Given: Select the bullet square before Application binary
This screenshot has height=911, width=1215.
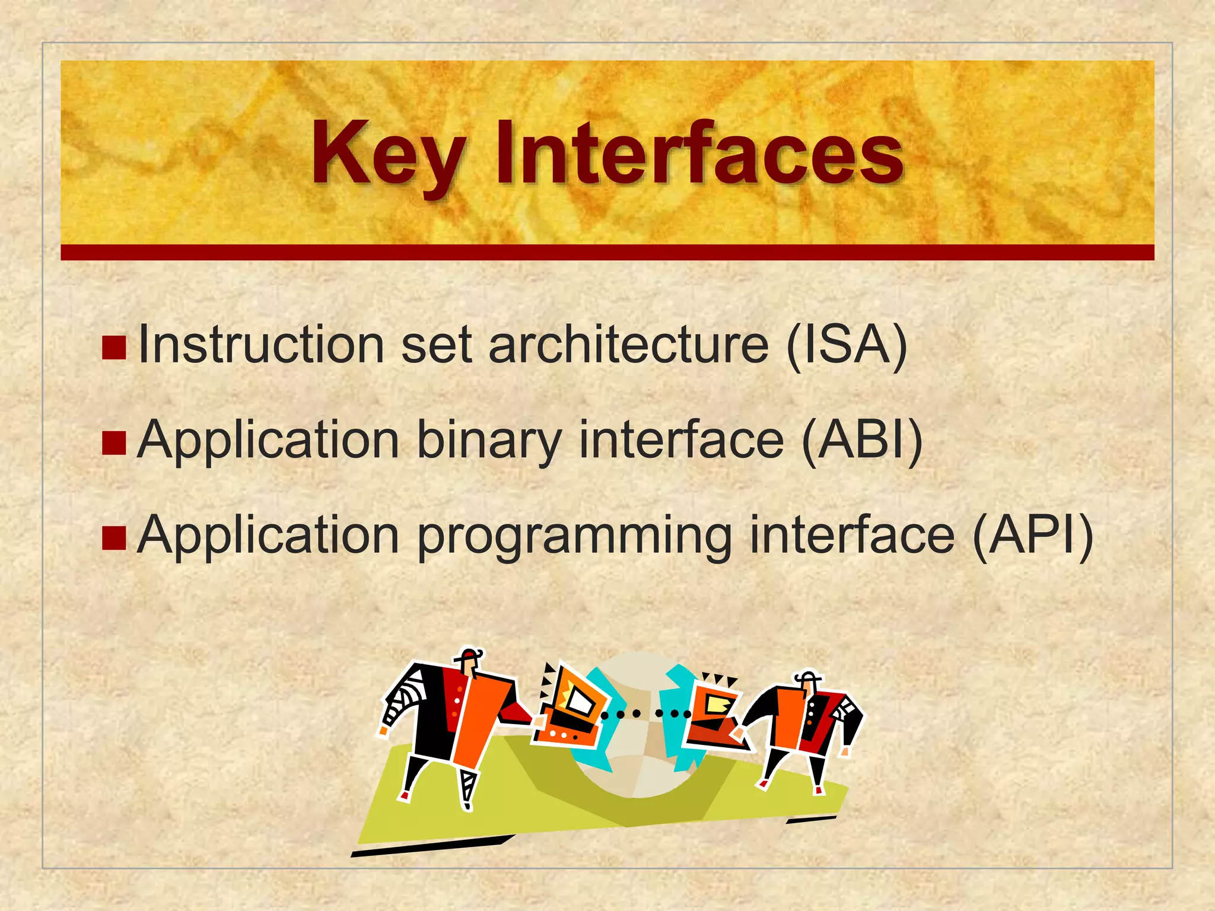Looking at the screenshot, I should click(x=114, y=442).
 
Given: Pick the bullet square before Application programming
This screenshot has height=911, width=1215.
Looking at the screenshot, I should click(x=114, y=537).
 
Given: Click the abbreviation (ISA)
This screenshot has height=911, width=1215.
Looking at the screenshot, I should click(x=847, y=346).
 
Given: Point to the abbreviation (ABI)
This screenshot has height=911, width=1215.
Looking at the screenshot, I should click(x=862, y=440).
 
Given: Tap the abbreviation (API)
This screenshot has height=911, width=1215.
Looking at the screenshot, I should click(x=1033, y=535).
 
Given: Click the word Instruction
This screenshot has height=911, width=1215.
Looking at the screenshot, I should click(x=261, y=346).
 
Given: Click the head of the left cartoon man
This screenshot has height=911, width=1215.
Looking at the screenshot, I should click(x=470, y=662).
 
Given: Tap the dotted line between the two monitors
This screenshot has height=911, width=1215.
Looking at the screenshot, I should click(x=645, y=713).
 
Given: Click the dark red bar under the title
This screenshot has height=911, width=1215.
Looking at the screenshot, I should click(x=607, y=252).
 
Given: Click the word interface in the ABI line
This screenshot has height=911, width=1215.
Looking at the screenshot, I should click(x=680, y=440).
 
